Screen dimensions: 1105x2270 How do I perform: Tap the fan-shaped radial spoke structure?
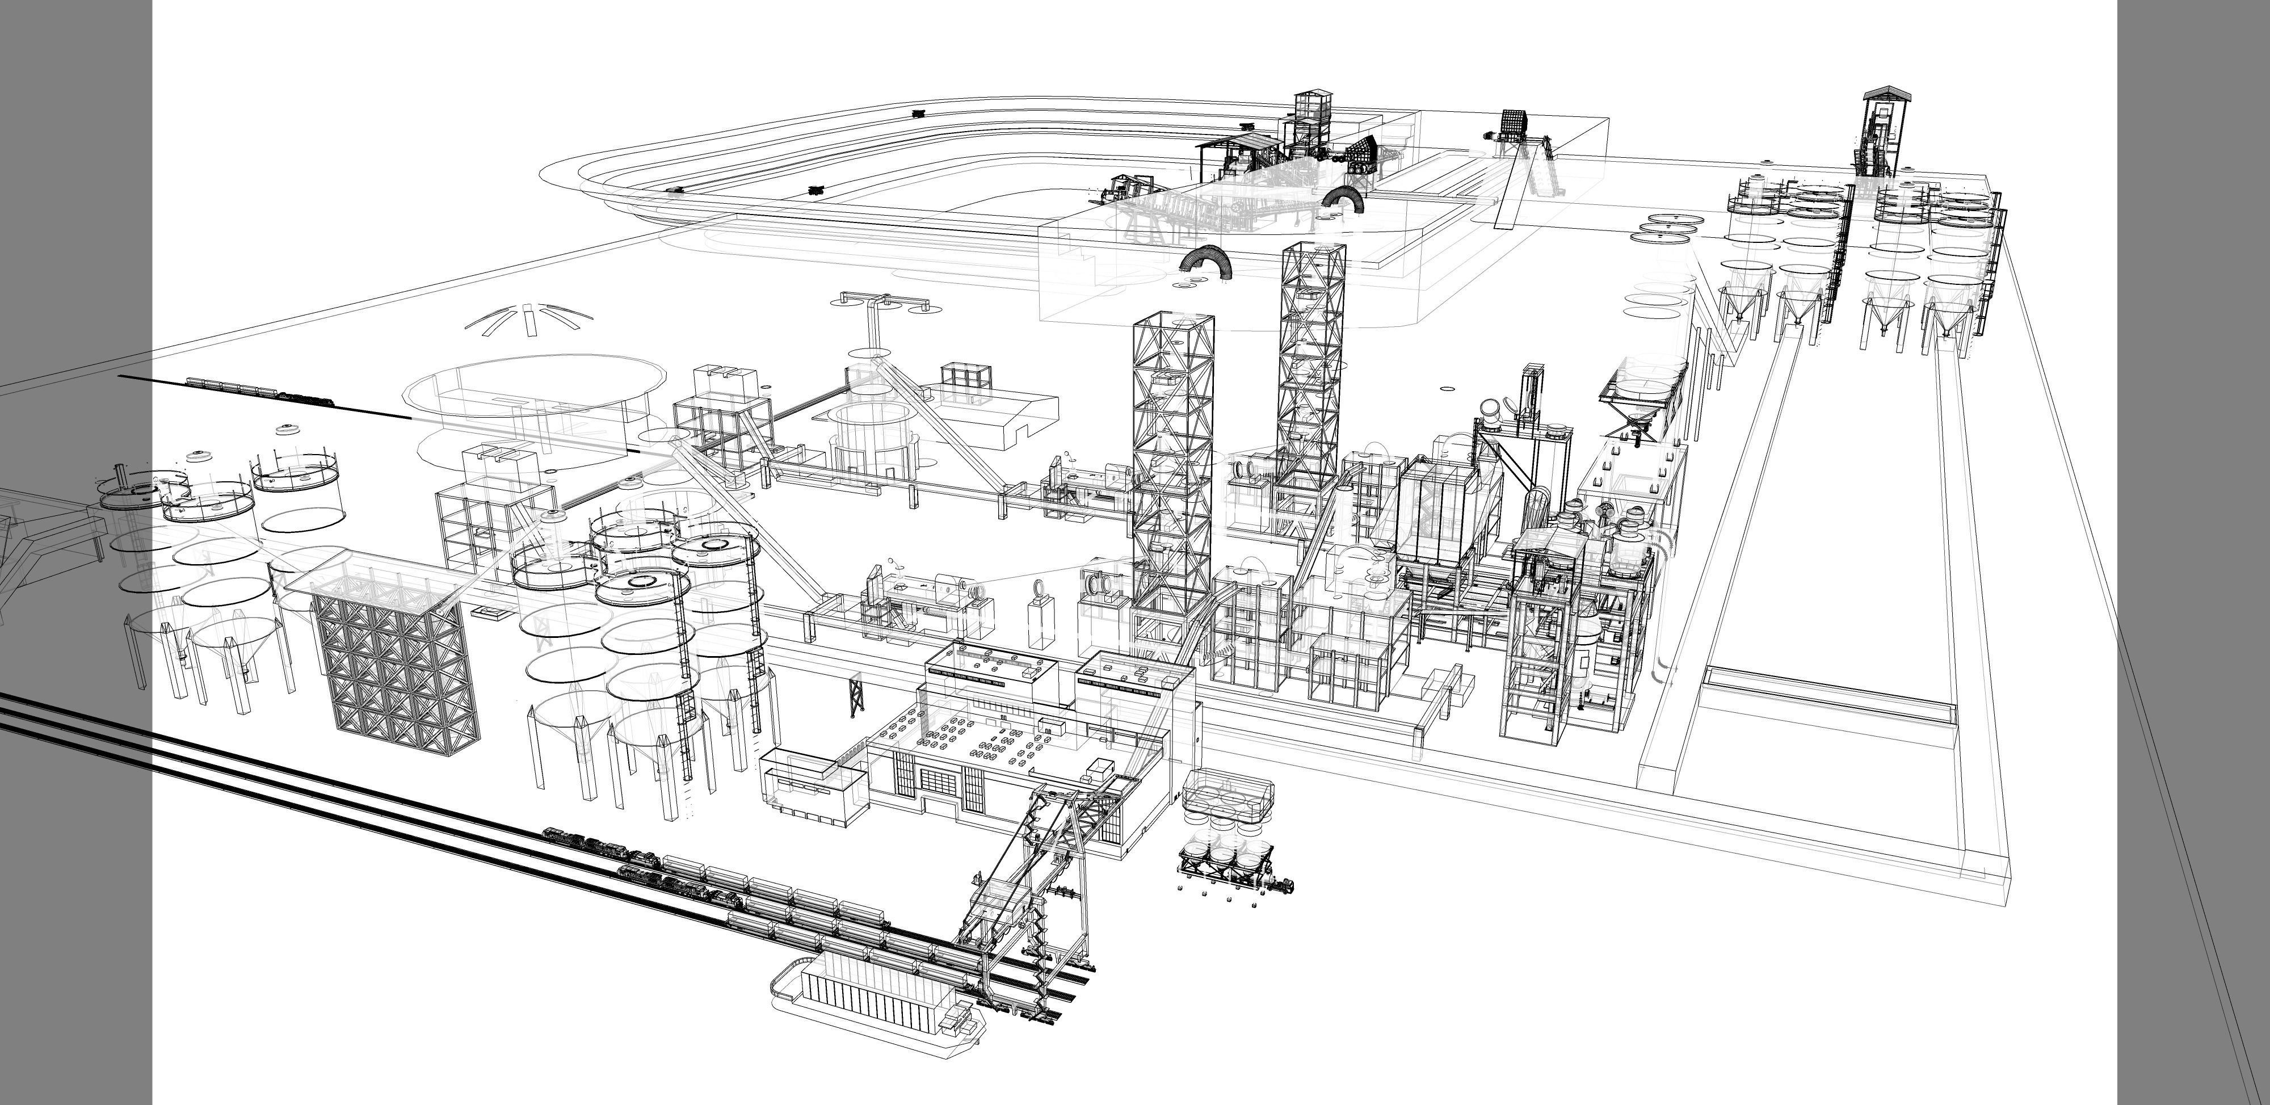[x=524, y=319]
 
